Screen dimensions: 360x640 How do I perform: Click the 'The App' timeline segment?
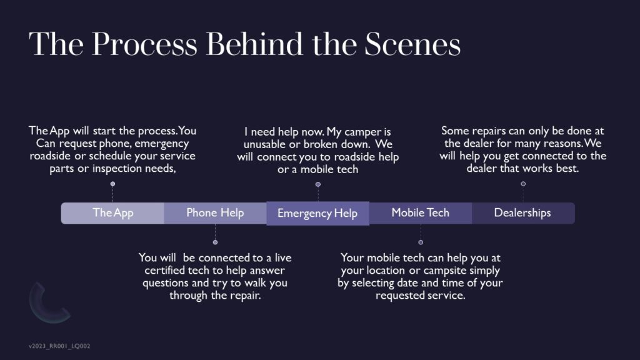tap(113, 213)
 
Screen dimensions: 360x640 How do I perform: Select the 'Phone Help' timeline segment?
tap(215, 213)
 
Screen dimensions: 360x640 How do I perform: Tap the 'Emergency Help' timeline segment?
tap(317, 214)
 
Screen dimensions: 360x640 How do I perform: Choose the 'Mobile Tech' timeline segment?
tap(420, 213)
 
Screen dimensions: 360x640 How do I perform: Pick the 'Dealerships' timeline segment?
tap(522, 213)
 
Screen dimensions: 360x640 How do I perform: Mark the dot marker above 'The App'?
tap(112, 184)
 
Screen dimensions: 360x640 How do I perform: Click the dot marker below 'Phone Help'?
tap(215, 242)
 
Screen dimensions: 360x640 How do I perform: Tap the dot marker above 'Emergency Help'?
tap(317, 184)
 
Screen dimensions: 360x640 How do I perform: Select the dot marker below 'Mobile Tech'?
tap(421, 242)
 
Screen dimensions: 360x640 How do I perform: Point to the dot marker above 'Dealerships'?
tap(523, 184)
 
